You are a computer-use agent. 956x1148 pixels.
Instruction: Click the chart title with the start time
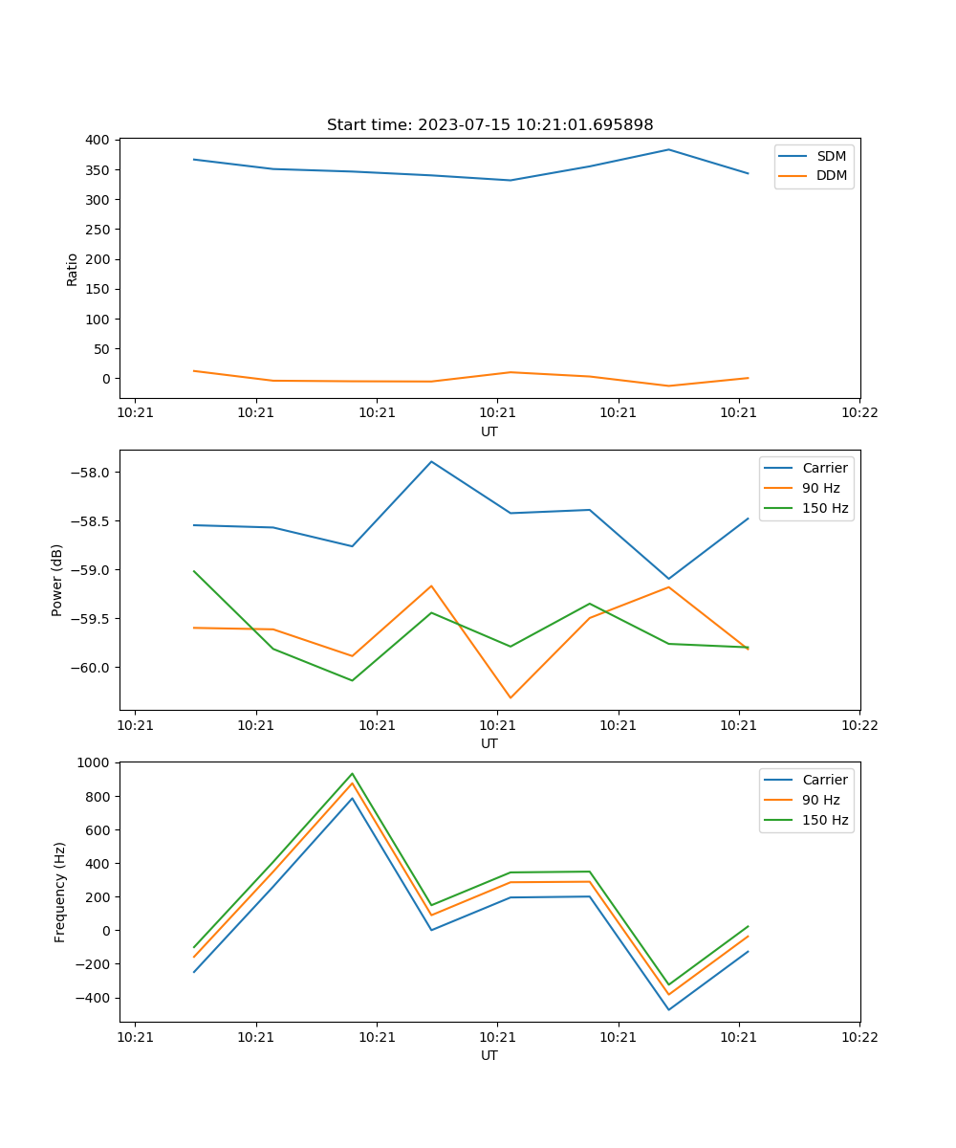(489, 125)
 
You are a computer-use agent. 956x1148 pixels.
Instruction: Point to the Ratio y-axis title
(73, 269)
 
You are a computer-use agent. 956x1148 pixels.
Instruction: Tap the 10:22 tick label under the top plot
(858, 412)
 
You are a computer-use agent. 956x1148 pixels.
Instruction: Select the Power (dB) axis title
(57, 580)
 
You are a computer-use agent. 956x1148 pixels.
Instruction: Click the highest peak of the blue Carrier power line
(431, 461)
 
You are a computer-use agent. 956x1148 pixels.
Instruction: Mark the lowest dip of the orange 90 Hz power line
(511, 697)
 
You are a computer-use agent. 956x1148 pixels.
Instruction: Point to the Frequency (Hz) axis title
(60, 892)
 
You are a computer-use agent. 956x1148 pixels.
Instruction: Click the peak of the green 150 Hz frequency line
(352, 773)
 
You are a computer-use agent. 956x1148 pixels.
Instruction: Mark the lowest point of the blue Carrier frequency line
(668, 1009)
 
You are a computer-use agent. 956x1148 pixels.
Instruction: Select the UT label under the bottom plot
(489, 1055)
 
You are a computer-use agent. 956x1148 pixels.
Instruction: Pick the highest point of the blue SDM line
(668, 149)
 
